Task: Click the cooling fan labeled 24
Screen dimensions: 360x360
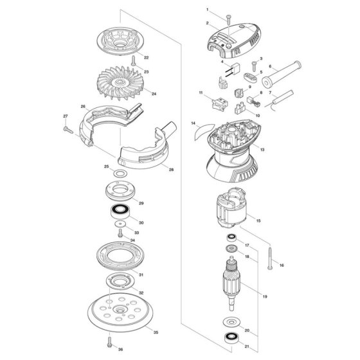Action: [x=120, y=83]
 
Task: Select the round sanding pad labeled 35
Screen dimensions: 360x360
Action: [x=120, y=312]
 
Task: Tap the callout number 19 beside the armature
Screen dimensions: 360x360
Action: [x=265, y=296]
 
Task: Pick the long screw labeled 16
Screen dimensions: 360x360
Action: [x=270, y=258]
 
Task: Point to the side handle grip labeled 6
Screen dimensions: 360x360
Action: [x=282, y=74]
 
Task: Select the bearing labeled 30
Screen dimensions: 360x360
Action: [x=120, y=212]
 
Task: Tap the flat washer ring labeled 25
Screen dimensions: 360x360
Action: [x=120, y=174]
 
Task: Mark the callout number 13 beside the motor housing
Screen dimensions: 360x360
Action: [x=262, y=150]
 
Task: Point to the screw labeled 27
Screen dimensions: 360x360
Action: [x=68, y=130]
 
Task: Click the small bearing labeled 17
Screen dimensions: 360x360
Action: [x=231, y=237]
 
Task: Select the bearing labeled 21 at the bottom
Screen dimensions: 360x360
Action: [x=230, y=338]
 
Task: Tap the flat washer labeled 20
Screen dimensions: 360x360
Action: [x=231, y=323]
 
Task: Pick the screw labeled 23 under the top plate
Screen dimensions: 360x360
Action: [x=133, y=60]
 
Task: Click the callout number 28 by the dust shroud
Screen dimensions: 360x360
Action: [x=171, y=170]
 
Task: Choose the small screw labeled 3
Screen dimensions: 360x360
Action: [x=254, y=66]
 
